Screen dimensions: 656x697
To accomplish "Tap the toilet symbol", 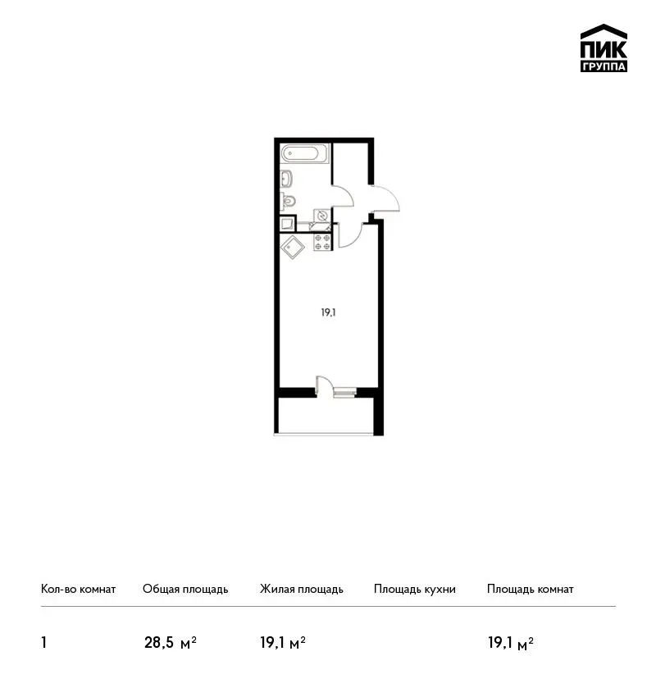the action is pos(288,202).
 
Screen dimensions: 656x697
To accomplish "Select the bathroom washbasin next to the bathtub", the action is pos(286,179).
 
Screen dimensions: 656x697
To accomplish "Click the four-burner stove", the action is pos(322,242).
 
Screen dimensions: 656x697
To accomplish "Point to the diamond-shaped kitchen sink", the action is pos(293,247).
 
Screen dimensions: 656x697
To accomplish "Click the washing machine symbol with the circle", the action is pos(322,216).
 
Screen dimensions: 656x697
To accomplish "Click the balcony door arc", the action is pos(325,383).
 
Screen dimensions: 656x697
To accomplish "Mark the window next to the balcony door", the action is pos(345,393).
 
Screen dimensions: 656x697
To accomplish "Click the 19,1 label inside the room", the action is pos(329,313).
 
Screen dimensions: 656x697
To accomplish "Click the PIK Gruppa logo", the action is pos(604,48).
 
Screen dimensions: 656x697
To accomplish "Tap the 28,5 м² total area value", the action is pos(171,643).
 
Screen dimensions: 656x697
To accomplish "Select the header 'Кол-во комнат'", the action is pos(78,590).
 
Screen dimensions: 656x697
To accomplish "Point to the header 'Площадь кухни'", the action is pos(415,590).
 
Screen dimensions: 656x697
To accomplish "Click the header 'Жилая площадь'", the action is pos(301,590).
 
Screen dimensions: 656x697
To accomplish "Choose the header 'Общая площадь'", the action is pos(185,590).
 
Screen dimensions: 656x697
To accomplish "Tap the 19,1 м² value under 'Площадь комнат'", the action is pos(511,643).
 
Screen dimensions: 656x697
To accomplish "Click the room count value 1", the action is pos(43,643).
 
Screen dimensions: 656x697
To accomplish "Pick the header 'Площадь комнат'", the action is pos(531,590).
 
